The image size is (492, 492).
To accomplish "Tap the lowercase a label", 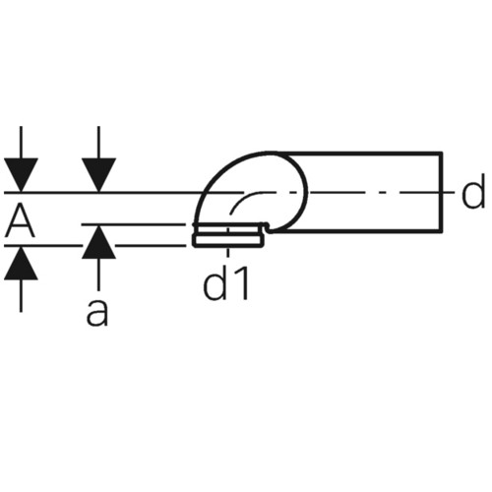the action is tap(97, 313).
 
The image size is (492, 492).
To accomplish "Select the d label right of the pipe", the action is tap(472, 191).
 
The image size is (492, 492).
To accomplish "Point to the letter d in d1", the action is tap(215, 282).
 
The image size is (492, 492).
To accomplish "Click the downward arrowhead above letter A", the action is tap(21, 175).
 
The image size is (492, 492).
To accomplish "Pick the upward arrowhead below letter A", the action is tap(21, 263).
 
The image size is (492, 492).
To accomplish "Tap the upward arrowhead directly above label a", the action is tap(98, 242).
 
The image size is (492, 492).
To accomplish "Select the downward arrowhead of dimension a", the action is tap(98, 175).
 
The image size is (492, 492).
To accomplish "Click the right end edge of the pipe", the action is tap(441, 192).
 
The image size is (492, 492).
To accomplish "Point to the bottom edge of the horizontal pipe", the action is tap(357, 231).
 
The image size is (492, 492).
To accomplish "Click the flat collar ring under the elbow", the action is tap(228, 240).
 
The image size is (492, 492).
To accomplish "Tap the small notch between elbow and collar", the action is tap(268, 227).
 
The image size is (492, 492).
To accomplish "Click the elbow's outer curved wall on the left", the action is tap(210, 184).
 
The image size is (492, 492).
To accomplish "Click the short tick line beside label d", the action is tap(449, 192).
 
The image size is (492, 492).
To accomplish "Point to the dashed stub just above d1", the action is tap(228, 252).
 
